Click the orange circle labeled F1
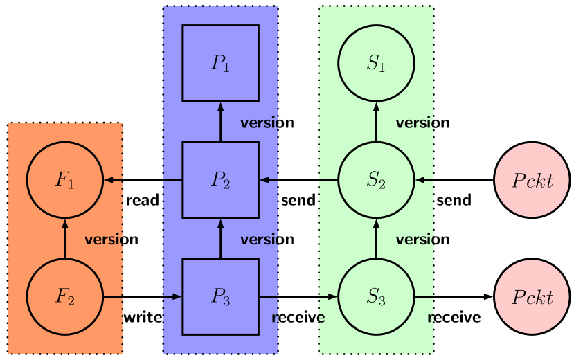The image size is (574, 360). (x=64, y=181)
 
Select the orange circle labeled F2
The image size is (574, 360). (x=64, y=297)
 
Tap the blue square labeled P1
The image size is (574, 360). (x=220, y=64)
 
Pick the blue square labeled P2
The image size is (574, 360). (x=220, y=181)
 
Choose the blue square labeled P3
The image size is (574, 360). (x=220, y=297)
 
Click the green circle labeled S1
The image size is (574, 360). (x=376, y=64)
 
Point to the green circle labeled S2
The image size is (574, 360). (x=376, y=181)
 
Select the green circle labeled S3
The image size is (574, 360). (x=376, y=297)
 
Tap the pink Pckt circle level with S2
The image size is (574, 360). (x=532, y=181)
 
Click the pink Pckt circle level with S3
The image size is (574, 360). (x=532, y=297)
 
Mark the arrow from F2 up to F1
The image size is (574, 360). (x=64, y=239)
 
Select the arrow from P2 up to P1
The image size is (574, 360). (x=220, y=122)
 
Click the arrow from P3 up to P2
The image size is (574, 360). (x=220, y=239)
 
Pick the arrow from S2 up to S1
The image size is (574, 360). (x=376, y=122)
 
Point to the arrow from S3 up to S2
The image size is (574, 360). (x=376, y=239)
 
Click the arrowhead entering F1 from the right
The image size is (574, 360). (x=108, y=181)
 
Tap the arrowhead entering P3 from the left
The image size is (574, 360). (x=177, y=297)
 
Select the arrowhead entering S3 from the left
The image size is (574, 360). (x=332, y=297)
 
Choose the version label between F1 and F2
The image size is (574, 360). (x=103, y=240)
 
